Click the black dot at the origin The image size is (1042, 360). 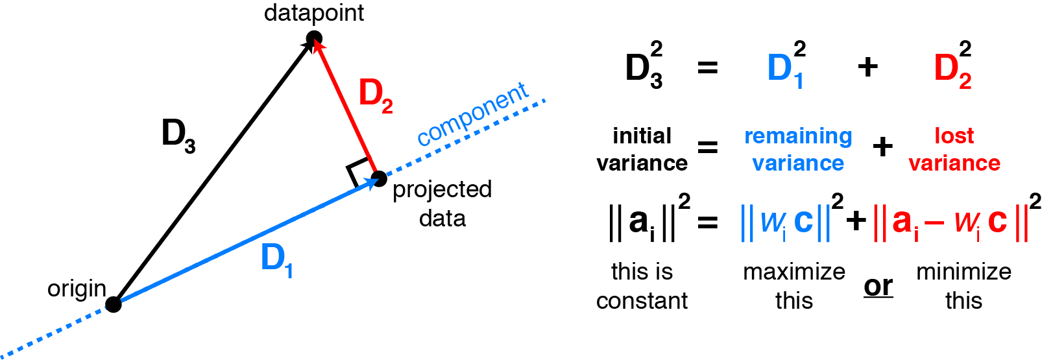[x=114, y=304]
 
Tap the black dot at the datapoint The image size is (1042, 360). [x=314, y=40]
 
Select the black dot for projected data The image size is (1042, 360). [x=379, y=178]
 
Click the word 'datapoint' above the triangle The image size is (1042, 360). [x=314, y=13]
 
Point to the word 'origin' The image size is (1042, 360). [x=77, y=289]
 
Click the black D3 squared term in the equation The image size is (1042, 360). [x=644, y=66]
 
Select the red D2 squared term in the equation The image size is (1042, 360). [x=952, y=66]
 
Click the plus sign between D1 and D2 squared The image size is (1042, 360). [x=867, y=67]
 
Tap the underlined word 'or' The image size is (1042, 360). [x=878, y=286]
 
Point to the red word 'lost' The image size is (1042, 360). [x=954, y=136]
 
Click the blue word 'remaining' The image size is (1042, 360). [x=798, y=136]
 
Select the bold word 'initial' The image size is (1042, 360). [x=642, y=136]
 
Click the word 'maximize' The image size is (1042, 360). [x=794, y=271]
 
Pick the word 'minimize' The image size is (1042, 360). [x=963, y=271]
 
